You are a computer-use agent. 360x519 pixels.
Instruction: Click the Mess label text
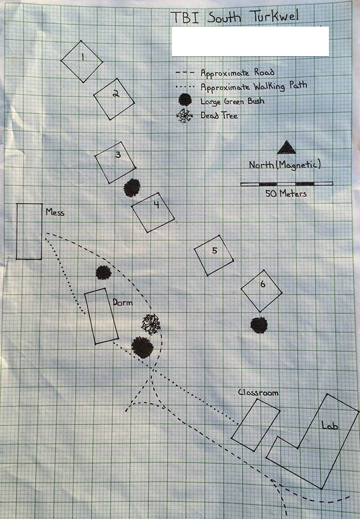pos(55,212)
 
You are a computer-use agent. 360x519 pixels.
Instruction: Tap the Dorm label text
pos(122,302)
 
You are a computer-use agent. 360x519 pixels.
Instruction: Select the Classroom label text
pos(258,393)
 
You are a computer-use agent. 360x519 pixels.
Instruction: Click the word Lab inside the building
pos(330,425)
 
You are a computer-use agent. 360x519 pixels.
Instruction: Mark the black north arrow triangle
pos(286,147)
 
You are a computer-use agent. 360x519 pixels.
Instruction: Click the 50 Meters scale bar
pos(286,184)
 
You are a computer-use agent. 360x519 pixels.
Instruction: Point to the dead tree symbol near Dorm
pos(151,325)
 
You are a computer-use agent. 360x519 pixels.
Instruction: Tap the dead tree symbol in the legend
pos(185,116)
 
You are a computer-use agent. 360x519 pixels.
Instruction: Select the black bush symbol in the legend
pos(185,100)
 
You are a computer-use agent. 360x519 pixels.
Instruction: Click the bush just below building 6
pos(259,325)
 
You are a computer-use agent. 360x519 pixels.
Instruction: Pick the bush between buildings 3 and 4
pos(132,188)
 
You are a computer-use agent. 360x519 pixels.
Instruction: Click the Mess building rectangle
pos(29,231)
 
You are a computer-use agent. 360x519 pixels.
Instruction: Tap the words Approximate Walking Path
pos(254,87)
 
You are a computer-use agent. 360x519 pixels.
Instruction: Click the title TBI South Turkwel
pos(235,17)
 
